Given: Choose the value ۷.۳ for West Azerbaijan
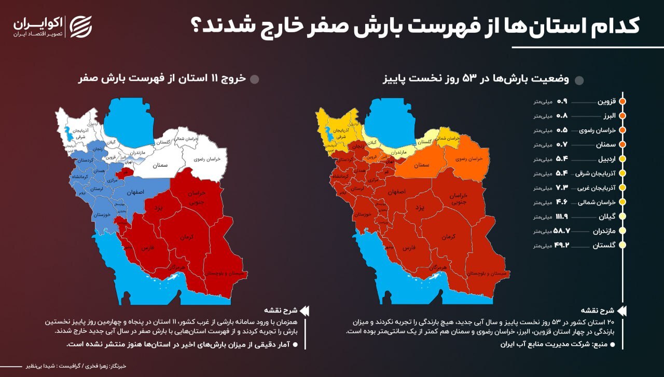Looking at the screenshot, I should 563,187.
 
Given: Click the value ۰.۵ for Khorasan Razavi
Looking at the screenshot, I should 562,130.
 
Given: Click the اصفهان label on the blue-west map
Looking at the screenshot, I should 134,192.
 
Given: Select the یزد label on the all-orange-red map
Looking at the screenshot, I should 419,207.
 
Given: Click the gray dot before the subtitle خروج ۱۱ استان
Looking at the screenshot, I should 254,79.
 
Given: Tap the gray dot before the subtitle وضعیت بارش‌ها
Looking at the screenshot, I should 579,80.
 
